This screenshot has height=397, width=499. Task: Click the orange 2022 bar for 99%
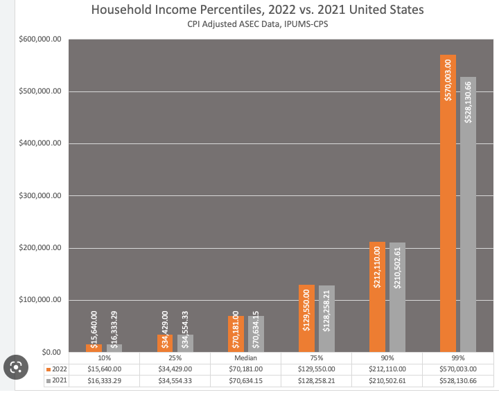448,208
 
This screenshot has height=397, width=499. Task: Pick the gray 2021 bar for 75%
326,319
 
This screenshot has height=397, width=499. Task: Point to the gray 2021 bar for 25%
185,343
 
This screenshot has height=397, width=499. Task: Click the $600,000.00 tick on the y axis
41,39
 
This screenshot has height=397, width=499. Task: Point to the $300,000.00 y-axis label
41,196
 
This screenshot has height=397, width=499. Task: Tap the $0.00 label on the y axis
50,353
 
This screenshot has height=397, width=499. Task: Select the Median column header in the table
246,358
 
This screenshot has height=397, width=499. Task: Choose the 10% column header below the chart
105,358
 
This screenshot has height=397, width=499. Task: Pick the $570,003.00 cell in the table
458,369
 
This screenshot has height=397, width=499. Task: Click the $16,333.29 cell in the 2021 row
105,381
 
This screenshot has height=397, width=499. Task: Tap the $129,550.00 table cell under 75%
317,369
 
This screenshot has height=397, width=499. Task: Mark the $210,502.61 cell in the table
387,381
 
